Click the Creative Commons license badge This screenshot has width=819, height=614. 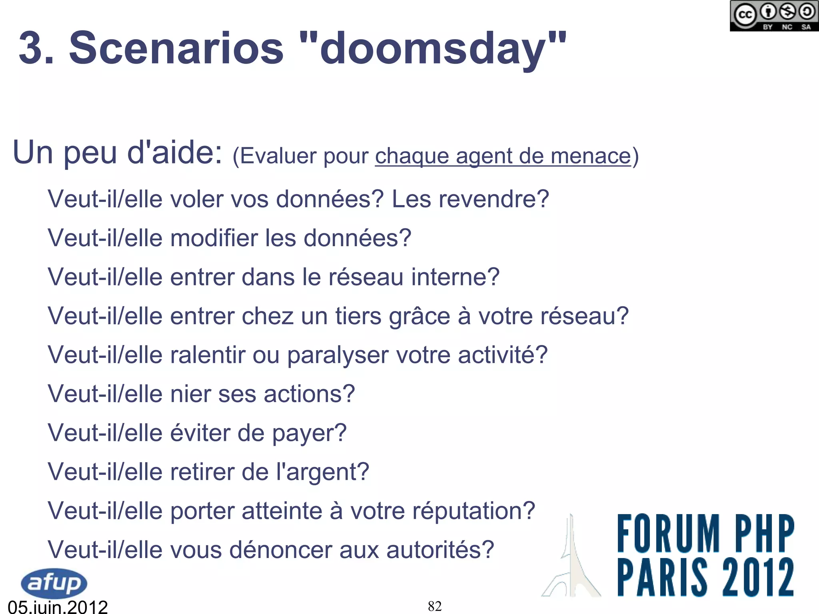click(773, 16)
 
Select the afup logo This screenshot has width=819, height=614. click(54, 583)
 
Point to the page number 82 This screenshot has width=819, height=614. click(435, 606)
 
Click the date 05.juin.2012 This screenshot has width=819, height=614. click(58, 607)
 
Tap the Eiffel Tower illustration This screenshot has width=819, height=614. click(571, 560)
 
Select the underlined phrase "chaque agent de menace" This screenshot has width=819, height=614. click(503, 156)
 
